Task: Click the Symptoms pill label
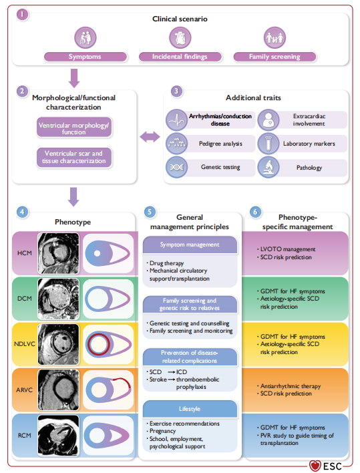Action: (85, 57)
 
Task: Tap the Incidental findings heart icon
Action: (180, 37)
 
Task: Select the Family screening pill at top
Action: (275, 57)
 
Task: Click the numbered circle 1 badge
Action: (22, 14)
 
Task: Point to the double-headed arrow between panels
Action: (150, 137)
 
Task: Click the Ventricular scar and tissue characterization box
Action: (74, 157)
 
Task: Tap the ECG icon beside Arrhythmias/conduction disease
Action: (177, 120)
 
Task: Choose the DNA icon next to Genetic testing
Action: (177, 167)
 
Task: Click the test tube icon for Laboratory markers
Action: (268, 144)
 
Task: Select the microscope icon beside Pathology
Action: (268, 167)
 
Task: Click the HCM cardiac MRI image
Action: (59, 253)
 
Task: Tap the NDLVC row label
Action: (25, 344)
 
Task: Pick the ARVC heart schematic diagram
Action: (108, 389)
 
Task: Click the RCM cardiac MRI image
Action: (59, 436)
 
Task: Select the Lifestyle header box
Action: (190, 409)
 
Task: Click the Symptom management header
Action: (190, 245)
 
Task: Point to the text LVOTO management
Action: (288, 249)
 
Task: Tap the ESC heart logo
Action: (315, 466)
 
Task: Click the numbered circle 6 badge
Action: (255, 212)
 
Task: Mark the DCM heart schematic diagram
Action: (108, 299)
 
